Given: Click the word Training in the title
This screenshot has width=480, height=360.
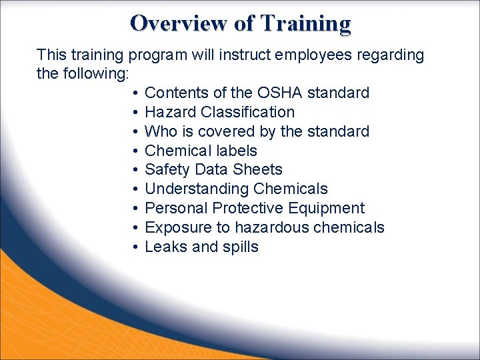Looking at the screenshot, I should point(305,23).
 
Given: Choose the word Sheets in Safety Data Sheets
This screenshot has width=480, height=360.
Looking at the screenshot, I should point(259,170).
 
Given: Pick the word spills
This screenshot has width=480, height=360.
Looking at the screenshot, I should point(241,247).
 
